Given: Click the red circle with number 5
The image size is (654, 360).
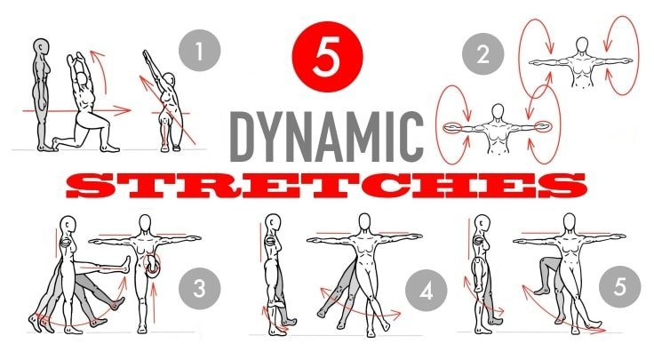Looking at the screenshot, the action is pyautogui.click(x=327, y=57).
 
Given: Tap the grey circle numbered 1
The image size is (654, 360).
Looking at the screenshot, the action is pyautogui.click(x=199, y=51).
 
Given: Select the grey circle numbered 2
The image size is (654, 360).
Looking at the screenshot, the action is pyautogui.click(x=483, y=54).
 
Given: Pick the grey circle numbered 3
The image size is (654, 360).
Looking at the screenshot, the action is pyautogui.click(x=199, y=288).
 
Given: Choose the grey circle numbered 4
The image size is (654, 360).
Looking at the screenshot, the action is pyautogui.click(x=427, y=291).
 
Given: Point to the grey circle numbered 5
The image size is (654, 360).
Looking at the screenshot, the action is pyautogui.click(x=620, y=287).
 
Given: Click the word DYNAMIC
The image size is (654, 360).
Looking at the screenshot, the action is pyautogui.click(x=327, y=137).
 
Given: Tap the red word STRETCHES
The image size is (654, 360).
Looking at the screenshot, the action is pyautogui.click(x=326, y=186).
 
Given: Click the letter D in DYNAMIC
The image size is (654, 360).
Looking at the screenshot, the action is pyautogui.click(x=243, y=137).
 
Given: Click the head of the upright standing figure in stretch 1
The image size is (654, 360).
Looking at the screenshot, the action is pyautogui.click(x=41, y=47).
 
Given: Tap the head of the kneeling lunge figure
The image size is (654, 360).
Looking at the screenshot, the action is pyautogui.click(x=83, y=78).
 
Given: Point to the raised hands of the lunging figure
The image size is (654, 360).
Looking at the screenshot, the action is pyautogui.click(x=75, y=57).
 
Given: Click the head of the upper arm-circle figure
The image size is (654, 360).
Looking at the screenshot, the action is pyautogui.click(x=582, y=44).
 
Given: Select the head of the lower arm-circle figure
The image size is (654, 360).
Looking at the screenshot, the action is pyautogui.click(x=498, y=111).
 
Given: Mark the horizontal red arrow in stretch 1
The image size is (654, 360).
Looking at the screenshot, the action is pyautogui.click(x=76, y=110).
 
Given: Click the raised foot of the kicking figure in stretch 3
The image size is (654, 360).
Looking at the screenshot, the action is pyautogui.click(x=126, y=264).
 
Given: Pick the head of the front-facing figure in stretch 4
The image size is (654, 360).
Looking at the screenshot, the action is pyautogui.click(x=364, y=221).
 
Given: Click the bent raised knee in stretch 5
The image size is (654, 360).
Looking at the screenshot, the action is pyautogui.click(x=545, y=262).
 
